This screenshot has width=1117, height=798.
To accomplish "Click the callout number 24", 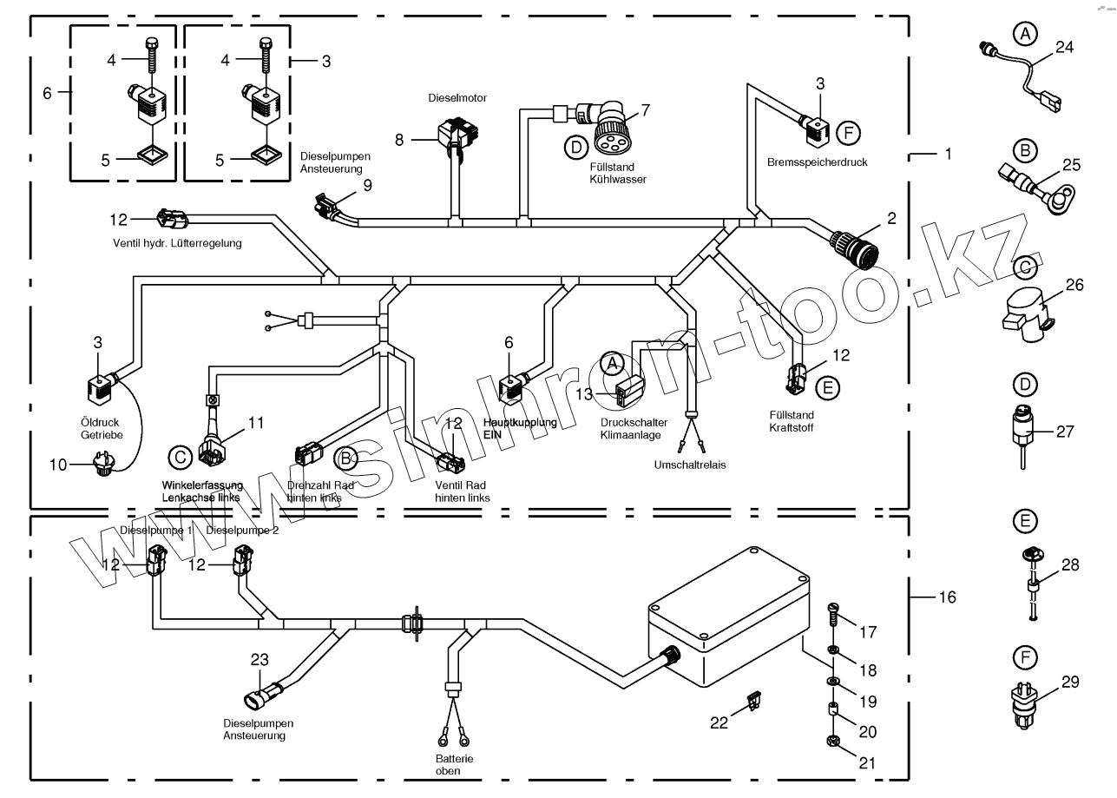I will [x=1064, y=49].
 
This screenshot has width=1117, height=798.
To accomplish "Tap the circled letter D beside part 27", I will [x=1025, y=384].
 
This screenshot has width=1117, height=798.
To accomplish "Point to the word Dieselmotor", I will [x=457, y=99].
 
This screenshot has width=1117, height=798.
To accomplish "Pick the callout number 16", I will [x=946, y=598].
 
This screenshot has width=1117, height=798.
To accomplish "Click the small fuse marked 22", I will [x=754, y=699].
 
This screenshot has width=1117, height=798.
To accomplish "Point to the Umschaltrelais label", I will [x=690, y=465].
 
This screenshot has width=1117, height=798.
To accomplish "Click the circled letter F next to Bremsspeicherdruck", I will [x=848, y=133].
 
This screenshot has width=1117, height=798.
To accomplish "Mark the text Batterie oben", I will [x=454, y=765].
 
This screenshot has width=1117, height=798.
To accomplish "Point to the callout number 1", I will [x=948, y=154].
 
